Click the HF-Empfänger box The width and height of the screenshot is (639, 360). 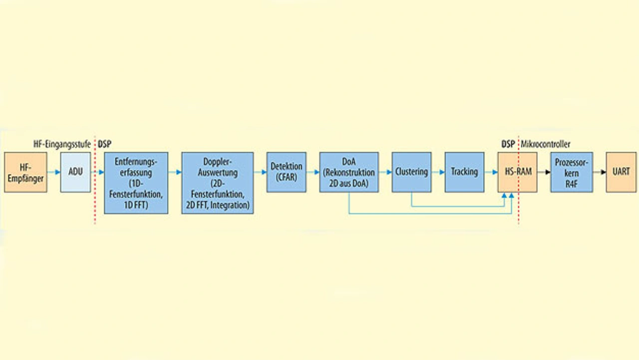click(25, 172)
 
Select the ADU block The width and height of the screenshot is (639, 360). click(75, 172)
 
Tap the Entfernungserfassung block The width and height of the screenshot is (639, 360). click(136, 183)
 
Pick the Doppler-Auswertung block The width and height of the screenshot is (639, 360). click(218, 183)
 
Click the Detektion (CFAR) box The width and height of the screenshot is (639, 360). click(287, 172)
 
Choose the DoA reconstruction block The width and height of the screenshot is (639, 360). click(349, 172)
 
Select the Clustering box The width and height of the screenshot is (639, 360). click(411, 172)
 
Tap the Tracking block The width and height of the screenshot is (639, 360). click(464, 172)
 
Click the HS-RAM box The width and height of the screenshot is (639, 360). click(517, 172)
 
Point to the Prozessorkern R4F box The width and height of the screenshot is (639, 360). click(572, 172)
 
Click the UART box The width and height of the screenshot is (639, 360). click(621, 172)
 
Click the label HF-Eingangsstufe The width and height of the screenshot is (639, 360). click(62, 144)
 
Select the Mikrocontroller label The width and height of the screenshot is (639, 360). click(545, 144)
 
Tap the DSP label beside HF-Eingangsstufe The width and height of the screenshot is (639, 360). click(104, 144)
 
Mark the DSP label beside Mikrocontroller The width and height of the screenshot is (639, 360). click(508, 144)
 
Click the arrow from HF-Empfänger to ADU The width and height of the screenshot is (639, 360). click(53, 172)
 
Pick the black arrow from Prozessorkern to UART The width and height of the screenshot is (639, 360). click(600, 172)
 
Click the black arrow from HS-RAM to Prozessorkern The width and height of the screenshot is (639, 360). click(544, 172)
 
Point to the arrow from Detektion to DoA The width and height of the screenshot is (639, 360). click(313, 172)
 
